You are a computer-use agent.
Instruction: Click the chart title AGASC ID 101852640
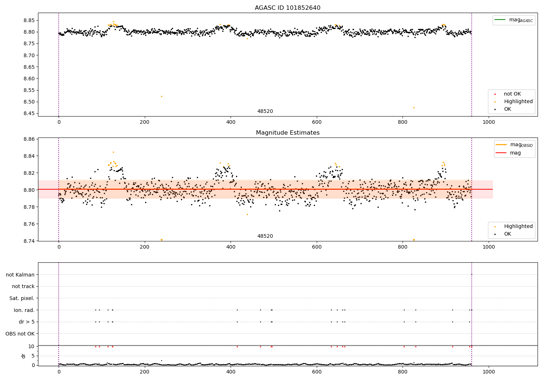pos(287,8)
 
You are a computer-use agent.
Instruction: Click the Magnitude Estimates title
pos(287,133)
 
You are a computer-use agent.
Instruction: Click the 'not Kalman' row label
pos(20,275)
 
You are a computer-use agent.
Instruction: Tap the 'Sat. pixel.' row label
pos(22,298)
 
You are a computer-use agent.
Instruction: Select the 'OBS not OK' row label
pos(20,334)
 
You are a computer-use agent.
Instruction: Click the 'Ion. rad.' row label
pos(24,310)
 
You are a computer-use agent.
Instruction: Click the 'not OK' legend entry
pos(512,94)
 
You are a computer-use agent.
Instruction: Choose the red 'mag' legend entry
pos(515,153)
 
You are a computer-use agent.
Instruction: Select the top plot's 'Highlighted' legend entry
pos(518,102)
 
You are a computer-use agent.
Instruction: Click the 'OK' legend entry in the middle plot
pos(508,234)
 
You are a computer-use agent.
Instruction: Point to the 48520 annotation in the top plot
pos(265,111)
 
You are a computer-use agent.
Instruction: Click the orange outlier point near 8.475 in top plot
pos(414,107)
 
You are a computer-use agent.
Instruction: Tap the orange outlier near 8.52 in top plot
pos(161,96)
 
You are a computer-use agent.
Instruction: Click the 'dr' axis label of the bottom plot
pos(24,356)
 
